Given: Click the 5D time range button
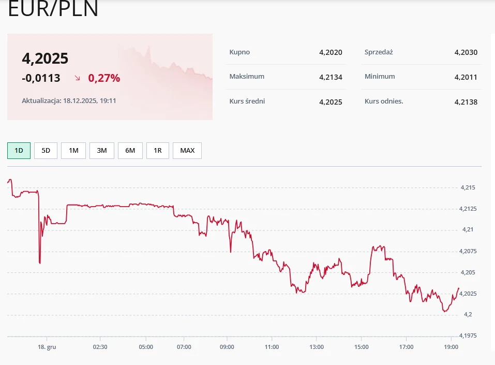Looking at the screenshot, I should [x=46, y=151].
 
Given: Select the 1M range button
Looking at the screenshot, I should [x=73, y=151].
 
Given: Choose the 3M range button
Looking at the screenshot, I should [x=102, y=151].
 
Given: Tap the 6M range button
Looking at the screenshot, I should [x=130, y=151].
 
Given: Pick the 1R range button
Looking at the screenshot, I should [x=158, y=151].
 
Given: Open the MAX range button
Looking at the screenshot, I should [x=187, y=151].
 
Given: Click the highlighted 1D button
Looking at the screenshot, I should [x=19, y=151].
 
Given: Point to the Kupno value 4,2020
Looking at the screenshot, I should [x=331, y=52].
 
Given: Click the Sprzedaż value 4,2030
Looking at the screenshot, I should [x=466, y=52].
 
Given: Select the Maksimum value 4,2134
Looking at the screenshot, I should [x=331, y=77].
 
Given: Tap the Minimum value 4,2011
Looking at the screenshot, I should [x=466, y=77].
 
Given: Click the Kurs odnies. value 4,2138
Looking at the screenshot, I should [x=466, y=102].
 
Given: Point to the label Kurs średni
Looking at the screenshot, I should [x=247, y=101].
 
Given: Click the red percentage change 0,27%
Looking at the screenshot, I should [x=104, y=78].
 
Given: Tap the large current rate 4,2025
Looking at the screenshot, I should [x=45, y=59].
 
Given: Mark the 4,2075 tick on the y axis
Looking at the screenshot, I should [x=469, y=251].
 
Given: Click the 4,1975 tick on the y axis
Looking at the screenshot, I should [x=469, y=335].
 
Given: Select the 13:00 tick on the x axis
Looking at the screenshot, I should [x=317, y=347].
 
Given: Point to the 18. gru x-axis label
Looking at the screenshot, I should [x=48, y=347].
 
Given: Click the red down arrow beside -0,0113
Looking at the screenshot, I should [x=78, y=78].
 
